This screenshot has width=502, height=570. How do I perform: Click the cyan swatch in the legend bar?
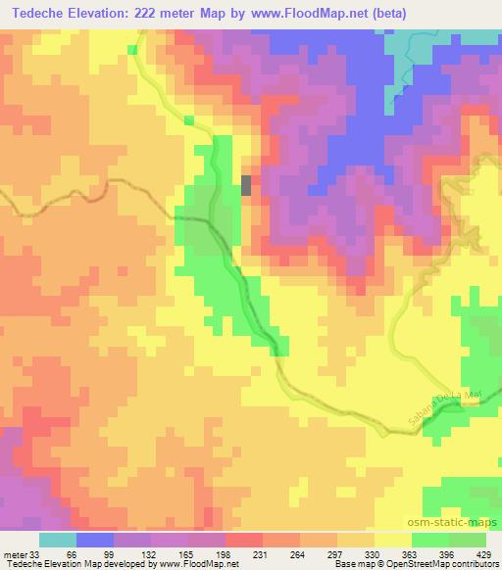point(58,540)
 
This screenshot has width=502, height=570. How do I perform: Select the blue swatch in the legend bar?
point(95,540)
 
